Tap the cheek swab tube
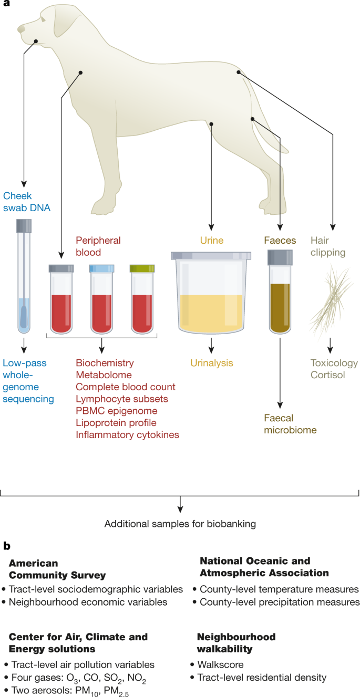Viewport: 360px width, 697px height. click(x=23, y=278)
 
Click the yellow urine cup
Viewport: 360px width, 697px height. click(x=211, y=294)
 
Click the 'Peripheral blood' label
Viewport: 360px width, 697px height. click(x=98, y=246)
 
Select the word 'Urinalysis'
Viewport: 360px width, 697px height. click(x=212, y=363)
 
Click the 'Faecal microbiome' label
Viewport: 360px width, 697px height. click(x=286, y=424)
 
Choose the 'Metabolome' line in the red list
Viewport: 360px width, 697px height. click(x=104, y=375)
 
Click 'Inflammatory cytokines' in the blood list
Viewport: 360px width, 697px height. click(x=128, y=434)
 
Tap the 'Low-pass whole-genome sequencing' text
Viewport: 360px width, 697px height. click(x=28, y=381)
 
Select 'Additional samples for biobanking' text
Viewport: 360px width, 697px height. click(x=180, y=524)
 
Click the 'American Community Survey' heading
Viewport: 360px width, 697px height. click(x=57, y=568)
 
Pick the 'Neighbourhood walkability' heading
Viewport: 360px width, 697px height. click(x=236, y=643)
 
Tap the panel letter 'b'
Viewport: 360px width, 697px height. click(x=6, y=546)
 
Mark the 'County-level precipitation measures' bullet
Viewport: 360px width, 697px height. click(x=279, y=602)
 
